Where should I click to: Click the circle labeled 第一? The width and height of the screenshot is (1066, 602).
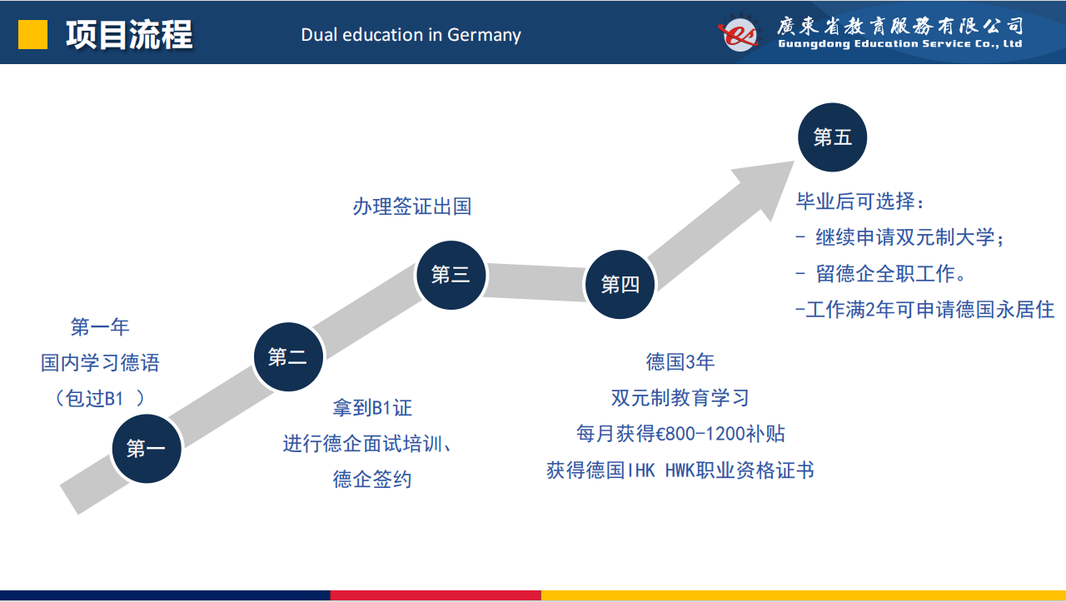pos(147,449)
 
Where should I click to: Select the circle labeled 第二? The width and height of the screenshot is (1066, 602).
pos(288,357)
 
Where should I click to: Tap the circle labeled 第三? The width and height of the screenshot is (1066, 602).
pos(451,275)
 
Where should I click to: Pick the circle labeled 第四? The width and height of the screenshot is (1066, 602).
pos(620,285)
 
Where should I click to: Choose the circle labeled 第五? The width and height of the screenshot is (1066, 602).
pos(832,137)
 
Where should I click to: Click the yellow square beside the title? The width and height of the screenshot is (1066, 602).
pos(32,34)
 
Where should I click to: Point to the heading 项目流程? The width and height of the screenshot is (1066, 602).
pos(129,35)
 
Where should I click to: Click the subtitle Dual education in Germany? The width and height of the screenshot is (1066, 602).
pos(411,35)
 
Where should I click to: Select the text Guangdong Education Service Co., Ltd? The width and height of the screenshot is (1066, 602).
pos(900,44)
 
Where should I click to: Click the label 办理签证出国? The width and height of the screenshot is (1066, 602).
pos(412,206)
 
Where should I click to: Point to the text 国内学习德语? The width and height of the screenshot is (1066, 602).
pos(100,363)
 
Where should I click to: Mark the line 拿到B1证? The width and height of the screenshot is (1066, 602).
pos(372,408)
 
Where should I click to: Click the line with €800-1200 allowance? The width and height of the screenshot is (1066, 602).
pos(680,434)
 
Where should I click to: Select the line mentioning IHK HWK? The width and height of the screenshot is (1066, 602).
pos(680,470)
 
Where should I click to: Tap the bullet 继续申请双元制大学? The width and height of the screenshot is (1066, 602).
pos(900,237)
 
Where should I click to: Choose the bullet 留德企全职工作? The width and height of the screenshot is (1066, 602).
pos(881,274)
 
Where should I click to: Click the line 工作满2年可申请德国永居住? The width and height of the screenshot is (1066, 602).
pos(925,310)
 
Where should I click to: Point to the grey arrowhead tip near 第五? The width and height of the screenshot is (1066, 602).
pos(795,162)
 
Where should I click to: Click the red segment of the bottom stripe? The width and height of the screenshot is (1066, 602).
pos(436,595)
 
